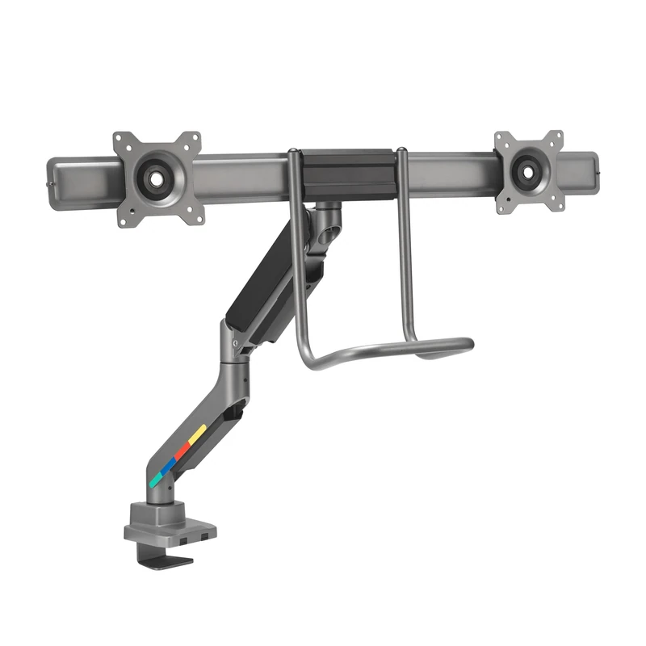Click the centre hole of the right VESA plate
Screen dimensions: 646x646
(x=529, y=170)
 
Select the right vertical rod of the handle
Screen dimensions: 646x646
(x=403, y=242)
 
